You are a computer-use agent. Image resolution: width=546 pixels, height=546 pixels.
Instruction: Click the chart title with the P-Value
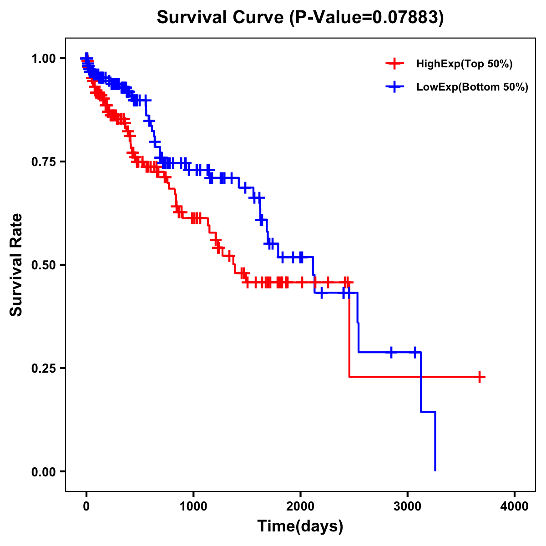[300, 17]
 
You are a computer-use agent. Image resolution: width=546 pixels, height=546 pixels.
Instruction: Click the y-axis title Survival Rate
[16, 264]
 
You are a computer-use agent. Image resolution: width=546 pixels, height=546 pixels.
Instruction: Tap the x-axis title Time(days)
[300, 526]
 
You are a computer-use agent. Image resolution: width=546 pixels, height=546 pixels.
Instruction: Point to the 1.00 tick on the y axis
[43, 58]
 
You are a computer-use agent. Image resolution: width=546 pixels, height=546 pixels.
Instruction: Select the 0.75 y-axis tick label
[43, 162]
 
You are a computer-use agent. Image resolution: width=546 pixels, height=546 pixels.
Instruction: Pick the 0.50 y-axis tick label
[43, 265]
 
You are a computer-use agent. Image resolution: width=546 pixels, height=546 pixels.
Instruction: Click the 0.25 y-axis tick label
[43, 368]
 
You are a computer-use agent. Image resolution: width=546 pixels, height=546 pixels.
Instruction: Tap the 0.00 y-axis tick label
[43, 471]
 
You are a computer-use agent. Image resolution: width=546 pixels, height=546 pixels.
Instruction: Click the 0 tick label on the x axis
[86, 506]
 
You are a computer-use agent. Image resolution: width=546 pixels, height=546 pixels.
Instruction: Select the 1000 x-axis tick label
[193, 506]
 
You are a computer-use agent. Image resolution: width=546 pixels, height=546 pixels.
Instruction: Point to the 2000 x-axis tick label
[300, 506]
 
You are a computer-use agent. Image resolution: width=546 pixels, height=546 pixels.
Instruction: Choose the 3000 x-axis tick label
[408, 506]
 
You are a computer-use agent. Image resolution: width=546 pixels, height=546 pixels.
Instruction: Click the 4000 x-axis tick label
[515, 506]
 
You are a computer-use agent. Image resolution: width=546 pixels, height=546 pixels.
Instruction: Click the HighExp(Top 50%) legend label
[464, 64]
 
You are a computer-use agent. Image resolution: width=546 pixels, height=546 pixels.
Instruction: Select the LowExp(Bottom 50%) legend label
[472, 87]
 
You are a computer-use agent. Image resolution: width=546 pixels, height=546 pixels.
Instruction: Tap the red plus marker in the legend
[394, 64]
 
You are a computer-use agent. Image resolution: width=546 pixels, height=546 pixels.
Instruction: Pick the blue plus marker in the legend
[394, 87]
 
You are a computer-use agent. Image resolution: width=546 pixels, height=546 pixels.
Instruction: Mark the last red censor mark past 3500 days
[480, 377]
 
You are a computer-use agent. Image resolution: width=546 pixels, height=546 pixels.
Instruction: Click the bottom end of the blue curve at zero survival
[435, 470]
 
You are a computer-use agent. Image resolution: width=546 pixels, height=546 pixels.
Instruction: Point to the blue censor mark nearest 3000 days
[415, 352]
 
